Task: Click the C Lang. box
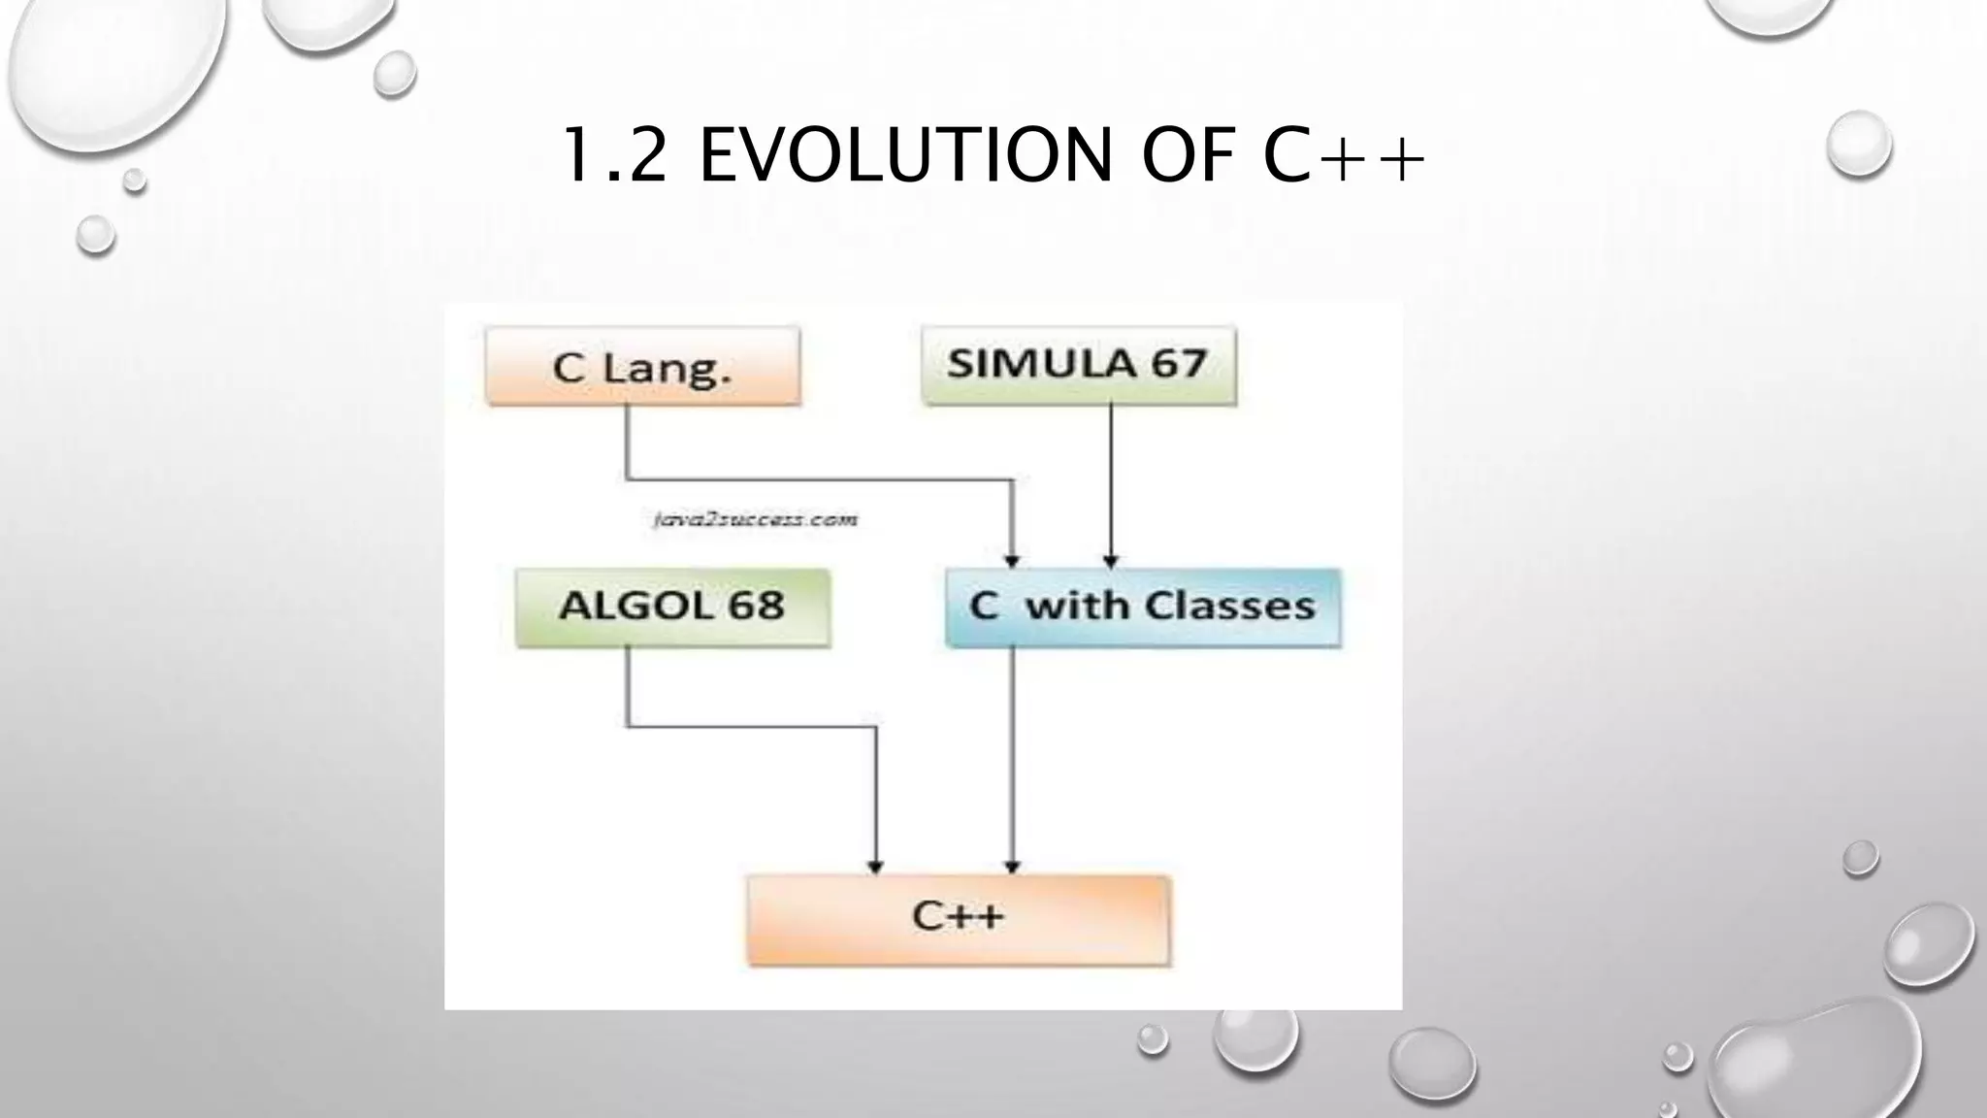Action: [x=642, y=366]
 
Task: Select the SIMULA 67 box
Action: [x=1078, y=365]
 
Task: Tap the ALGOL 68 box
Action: [x=672, y=608]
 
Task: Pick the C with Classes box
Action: [x=1142, y=608]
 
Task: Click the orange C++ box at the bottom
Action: [x=958, y=918]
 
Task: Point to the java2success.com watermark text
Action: [x=755, y=520]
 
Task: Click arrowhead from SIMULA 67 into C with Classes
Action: [x=1111, y=561]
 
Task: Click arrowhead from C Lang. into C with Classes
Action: [x=1012, y=561]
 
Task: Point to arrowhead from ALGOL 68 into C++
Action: [x=875, y=867]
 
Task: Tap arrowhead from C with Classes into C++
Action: [x=1012, y=867]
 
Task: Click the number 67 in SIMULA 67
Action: [x=1178, y=364]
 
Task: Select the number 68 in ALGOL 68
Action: [x=756, y=606]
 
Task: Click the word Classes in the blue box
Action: [x=1229, y=606]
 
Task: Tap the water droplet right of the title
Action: [x=1858, y=145]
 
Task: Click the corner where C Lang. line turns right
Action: [x=628, y=478]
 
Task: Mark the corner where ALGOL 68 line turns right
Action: [x=628, y=725]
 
